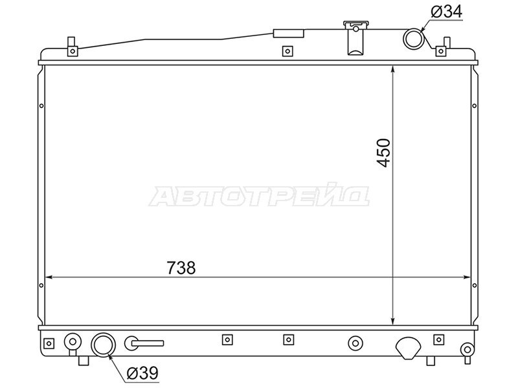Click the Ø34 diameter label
pyautogui.click(x=446, y=12)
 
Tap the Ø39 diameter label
pyautogui.click(x=142, y=373)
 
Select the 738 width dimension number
pyautogui.click(x=181, y=268)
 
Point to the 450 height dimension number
pyautogui.click(x=383, y=153)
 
